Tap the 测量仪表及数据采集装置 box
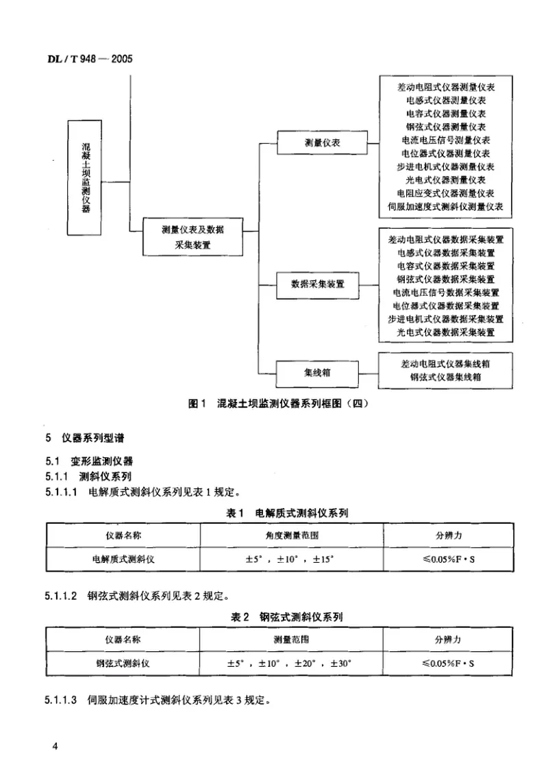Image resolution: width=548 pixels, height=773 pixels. [192, 237]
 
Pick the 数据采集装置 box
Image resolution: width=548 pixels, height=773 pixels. [318, 283]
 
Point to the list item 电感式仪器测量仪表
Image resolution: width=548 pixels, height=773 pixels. [445, 101]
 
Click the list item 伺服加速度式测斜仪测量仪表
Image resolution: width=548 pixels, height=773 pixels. [445, 205]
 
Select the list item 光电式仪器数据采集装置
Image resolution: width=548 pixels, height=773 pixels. [445, 331]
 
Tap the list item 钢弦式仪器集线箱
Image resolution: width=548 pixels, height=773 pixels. [445, 377]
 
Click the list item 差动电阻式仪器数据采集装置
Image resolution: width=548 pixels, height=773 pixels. [445, 240]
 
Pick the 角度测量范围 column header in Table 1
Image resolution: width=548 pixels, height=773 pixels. [292, 535]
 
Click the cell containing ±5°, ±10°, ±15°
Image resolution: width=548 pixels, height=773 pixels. [292, 559]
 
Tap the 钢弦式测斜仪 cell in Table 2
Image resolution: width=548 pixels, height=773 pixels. [123, 663]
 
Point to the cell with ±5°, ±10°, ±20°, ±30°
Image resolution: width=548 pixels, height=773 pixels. [292, 663]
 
